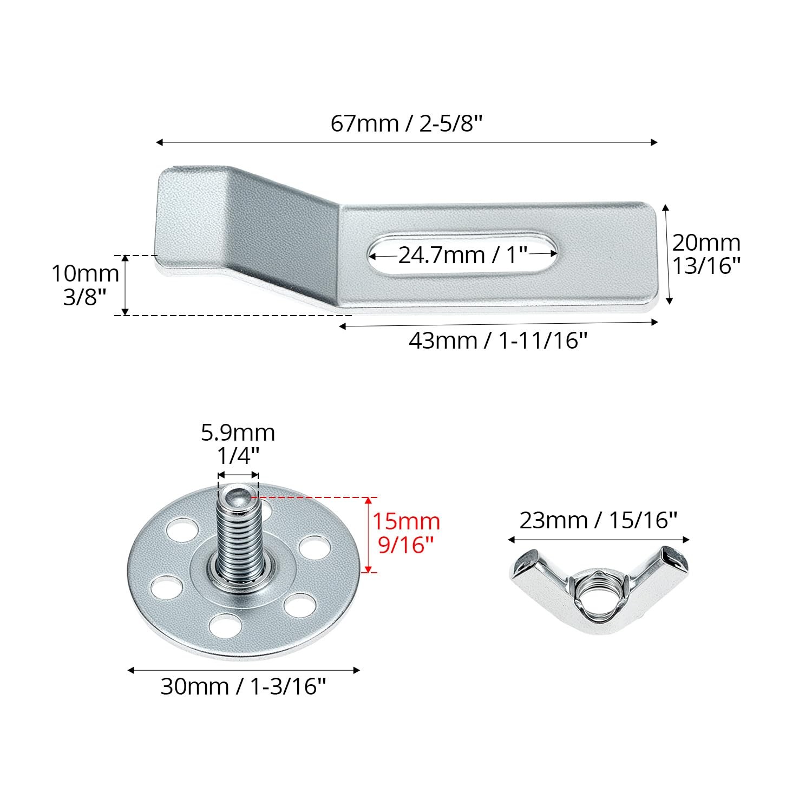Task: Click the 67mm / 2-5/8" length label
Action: pyautogui.click(x=406, y=124)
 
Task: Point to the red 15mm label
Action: pyautogui.click(x=406, y=522)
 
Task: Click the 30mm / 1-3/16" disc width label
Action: pyautogui.click(x=244, y=686)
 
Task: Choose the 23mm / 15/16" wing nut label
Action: pyautogui.click(x=599, y=520)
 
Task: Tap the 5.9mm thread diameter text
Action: pyautogui.click(x=238, y=433)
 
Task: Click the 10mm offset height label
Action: pyautogui.click(x=85, y=273)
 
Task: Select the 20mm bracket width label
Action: pyautogui.click(x=706, y=243)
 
